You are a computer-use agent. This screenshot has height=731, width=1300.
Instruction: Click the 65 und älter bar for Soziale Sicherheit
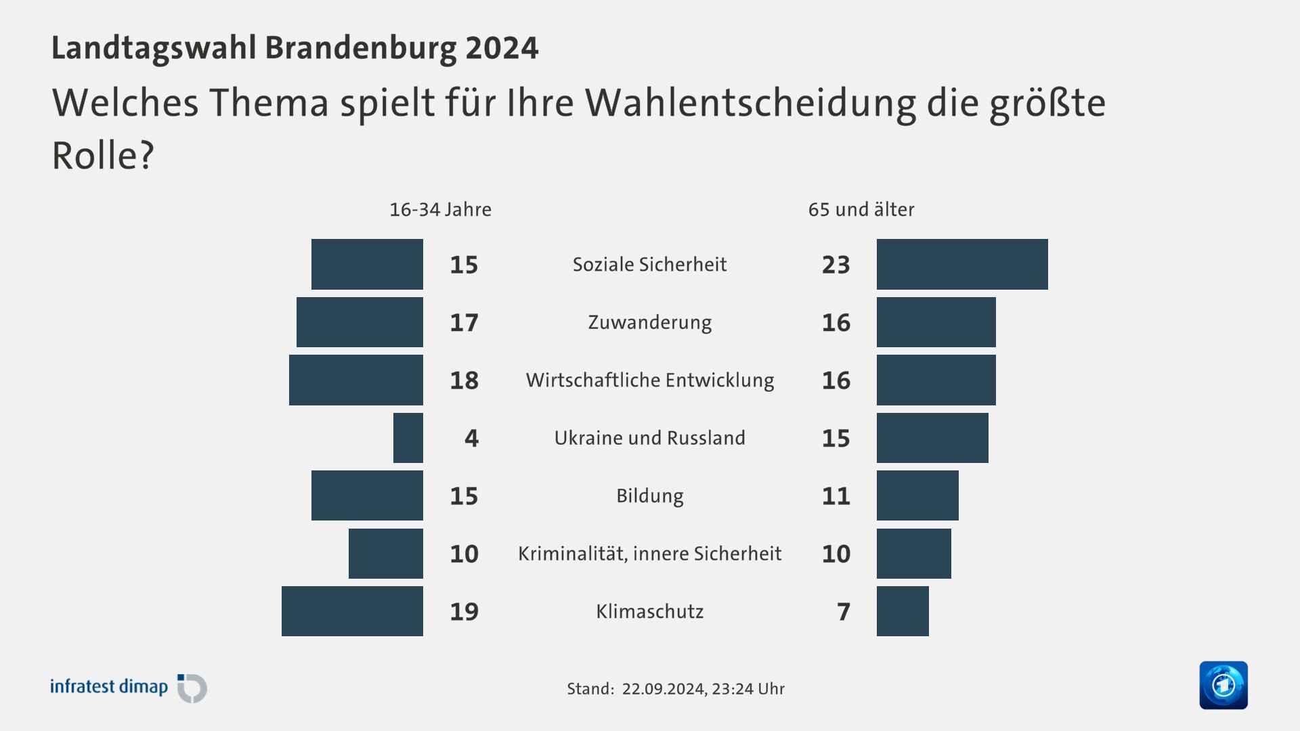(x=961, y=264)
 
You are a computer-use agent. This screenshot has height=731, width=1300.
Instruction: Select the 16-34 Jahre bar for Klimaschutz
(x=352, y=611)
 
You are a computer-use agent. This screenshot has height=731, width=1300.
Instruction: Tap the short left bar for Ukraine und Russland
(x=408, y=438)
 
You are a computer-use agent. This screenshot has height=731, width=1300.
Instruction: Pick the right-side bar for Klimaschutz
(x=903, y=611)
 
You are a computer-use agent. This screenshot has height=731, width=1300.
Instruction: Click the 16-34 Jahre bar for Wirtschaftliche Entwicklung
(x=355, y=380)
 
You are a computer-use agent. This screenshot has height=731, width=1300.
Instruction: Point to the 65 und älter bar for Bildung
(x=917, y=495)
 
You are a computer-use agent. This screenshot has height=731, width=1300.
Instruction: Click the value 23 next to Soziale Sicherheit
(x=836, y=265)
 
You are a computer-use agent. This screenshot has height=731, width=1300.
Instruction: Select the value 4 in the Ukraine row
(x=471, y=439)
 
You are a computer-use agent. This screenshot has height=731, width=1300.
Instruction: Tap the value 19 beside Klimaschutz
(x=464, y=612)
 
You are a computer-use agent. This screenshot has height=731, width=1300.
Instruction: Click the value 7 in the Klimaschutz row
(x=843, y=612)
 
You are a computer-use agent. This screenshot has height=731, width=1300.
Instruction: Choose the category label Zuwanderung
(x=649, y=322)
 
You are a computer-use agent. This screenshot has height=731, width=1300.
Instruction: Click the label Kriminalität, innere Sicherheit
(x=649, y=554)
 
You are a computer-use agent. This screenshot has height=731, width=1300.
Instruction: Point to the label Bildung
(x=649, y=496)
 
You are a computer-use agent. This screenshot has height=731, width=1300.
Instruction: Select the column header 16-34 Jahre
(x=440, y=210)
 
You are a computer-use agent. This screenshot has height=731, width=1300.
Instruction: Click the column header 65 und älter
(x=861, y=210)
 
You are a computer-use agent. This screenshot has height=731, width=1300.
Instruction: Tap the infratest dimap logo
(x=129, y=688)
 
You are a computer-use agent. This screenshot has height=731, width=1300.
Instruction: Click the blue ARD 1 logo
(x=1223, y=685)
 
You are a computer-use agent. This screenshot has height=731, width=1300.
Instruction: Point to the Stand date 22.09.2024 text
(x=664, y=689)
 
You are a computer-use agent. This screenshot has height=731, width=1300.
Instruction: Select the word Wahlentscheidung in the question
(x=750, y=104)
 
